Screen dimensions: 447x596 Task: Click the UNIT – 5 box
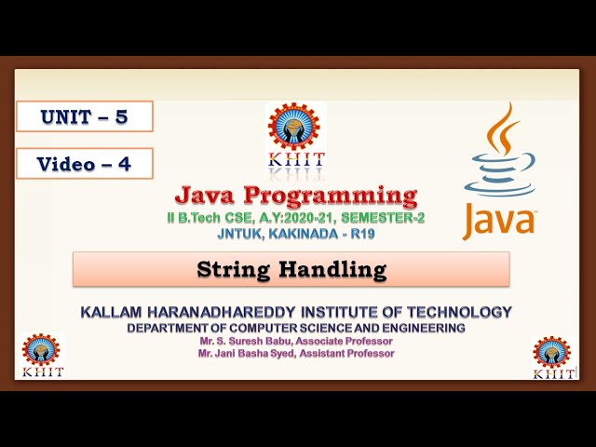click(x=84, y=116)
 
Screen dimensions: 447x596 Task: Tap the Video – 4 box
click(x=84, y=164)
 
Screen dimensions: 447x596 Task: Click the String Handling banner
click(x=291, y=270)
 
